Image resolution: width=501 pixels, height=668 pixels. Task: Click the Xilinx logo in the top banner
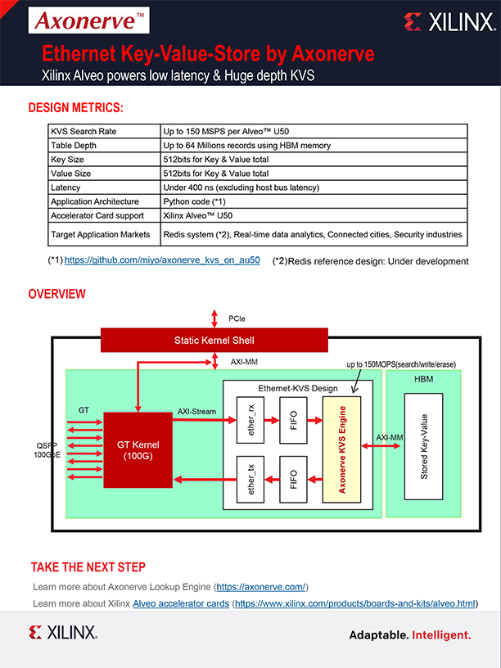point(449,22)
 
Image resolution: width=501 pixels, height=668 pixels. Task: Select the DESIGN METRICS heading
point(76,108)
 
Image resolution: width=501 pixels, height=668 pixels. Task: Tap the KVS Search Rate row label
point(83,132)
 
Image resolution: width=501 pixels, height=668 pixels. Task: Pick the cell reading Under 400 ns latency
point(241,187)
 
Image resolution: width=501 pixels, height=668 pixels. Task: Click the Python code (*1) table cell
point(195,201)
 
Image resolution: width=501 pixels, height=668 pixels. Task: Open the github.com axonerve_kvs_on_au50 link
point(162,260)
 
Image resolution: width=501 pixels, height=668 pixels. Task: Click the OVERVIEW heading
point(57,294)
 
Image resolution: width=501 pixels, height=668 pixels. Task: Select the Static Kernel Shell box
point(214,340)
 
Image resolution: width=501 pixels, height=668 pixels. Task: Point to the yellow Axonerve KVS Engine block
point(343,449)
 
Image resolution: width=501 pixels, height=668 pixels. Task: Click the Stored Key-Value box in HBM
point(423,446)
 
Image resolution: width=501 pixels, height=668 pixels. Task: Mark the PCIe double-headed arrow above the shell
point(214,318)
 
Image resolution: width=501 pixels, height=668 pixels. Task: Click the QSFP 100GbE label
point(47,449)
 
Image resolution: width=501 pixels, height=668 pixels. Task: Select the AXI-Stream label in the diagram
point(198,411)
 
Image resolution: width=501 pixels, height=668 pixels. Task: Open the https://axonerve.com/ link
point(261,587)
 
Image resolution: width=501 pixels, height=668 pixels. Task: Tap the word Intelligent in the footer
point(441,634)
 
